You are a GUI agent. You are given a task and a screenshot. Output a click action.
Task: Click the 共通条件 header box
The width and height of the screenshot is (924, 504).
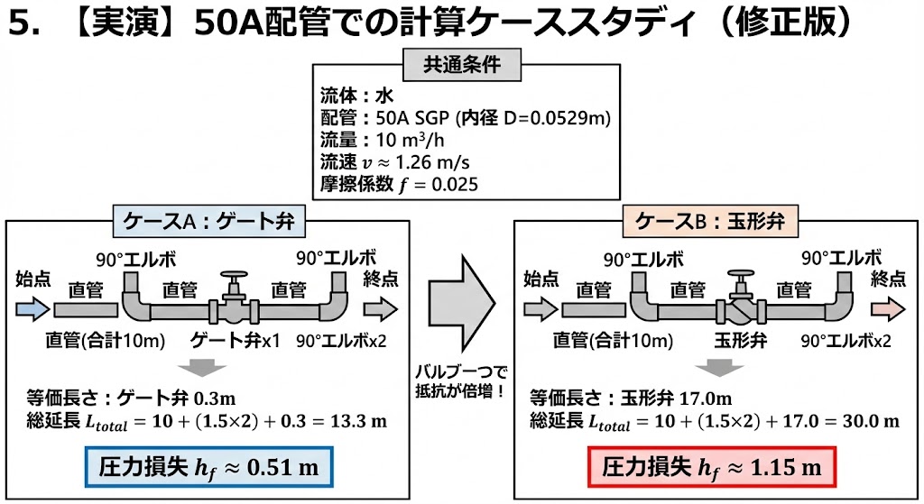pos(462,65)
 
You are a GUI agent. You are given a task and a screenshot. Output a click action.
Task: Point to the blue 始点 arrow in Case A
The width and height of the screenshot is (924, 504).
pos(30,309)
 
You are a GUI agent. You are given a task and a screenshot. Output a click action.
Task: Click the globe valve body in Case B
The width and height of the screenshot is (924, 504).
pos(741,311)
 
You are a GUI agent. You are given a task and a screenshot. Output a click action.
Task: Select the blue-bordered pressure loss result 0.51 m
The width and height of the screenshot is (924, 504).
pos(209,467)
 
